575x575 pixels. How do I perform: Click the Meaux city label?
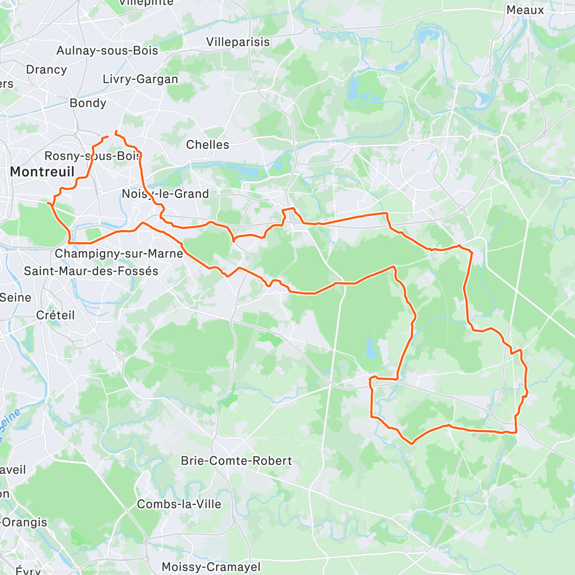click(525, 10)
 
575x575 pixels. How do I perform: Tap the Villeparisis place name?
click(238, 42)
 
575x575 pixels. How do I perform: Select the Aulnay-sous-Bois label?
click(107, 50)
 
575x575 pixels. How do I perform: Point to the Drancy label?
click(46, 69)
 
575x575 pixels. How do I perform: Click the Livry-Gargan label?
click(140, 79)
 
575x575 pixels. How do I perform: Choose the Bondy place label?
click(88, 103)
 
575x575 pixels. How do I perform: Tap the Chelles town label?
click(207, 145)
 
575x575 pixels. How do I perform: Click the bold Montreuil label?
click(42, 172)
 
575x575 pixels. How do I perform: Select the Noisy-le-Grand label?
click(165, 194)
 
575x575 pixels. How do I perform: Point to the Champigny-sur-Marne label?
click(119, 253)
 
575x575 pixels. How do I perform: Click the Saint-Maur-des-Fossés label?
click(91, 271)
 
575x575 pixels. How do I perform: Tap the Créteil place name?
click(56, 315)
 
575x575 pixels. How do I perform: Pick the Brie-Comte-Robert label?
click(236, 461)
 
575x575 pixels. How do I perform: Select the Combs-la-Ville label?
click(179, 505)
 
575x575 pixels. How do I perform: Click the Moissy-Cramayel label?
click(211, 567)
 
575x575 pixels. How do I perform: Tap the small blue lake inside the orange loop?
click(370, 349)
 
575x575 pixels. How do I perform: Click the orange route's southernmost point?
click(412, 443)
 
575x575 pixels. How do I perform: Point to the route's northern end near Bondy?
click(116, 131)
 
